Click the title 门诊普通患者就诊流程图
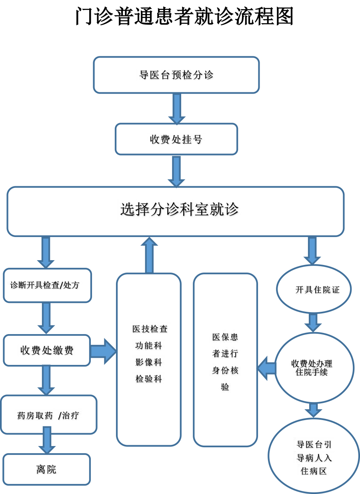tap(184, 17)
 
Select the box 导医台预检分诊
tap(176, 75)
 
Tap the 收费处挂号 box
tap(176, 139)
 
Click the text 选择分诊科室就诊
tap(179, 209)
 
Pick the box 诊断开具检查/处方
tap(47, 285)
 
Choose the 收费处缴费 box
tap(47, 351)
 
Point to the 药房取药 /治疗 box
tap(48, 415)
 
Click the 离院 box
tap(46, 469)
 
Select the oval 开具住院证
tap(314, 289)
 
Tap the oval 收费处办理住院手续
tap(314, 368)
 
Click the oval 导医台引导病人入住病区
tap(314, 456)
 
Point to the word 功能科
tap(149, 346)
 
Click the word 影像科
tap(149, 363)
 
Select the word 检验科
tap(149, 379)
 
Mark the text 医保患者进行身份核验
tap(225, 362)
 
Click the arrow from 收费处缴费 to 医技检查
tap(103, 351)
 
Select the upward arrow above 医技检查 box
tap(149, 255)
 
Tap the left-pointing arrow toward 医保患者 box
tap(266, 368)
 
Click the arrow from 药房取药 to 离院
tap(47, 440)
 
